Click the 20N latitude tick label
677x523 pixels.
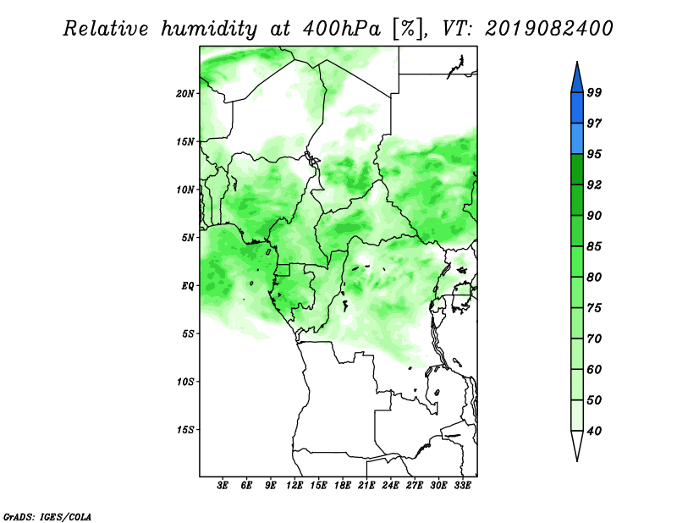(185, 94)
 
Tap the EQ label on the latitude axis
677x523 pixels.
(187, 286)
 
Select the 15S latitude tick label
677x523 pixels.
(185, 430)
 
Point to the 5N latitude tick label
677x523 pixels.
(188, 238)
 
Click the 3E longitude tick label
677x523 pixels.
(223, 485)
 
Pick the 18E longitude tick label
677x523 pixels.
(343, 485)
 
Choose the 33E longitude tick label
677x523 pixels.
(462, 485)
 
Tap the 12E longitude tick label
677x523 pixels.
(294, 485)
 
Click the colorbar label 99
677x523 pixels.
(594, 92)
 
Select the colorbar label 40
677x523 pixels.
(594, 431)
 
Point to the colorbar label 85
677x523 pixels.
(594, 246)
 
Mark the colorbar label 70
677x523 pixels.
(594, 339)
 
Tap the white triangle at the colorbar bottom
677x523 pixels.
(577, 444)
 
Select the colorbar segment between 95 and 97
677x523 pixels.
(577, 139)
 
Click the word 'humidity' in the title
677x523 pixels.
(209, 29)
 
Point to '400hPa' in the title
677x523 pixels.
(342, 29)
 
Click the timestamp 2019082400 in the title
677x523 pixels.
(548, 29)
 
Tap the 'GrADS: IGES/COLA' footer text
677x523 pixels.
(47, 517)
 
